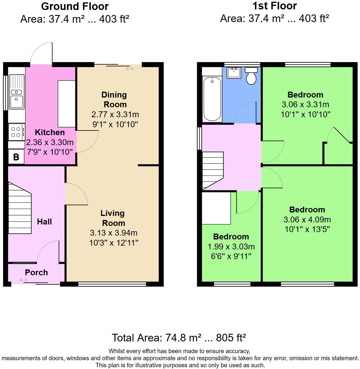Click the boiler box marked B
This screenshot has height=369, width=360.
pyautogui.click(x=16, y=157)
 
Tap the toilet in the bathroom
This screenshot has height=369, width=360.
pyautogui.click(x=251, y=76)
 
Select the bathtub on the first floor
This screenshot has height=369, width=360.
pyautogui.click(x=212, y=99)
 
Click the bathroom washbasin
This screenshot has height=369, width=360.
pyautogui.click(x=234, y=73)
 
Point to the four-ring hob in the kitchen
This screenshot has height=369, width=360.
pyautogui.click(x=16, y=132)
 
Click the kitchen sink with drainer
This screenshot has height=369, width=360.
pyautogui.click(x=16, y=91)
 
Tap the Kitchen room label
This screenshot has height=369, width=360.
pyautogui.click(x=50, y=132)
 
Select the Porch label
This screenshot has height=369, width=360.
pyautogui.click(x=36, y=272)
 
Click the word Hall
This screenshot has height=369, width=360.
pyautogui.click(x=44, y=222)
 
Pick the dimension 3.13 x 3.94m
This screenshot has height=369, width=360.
pyautogui.click(x=114, y=233)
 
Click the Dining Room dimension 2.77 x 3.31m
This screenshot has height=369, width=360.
pyautogui.click(x=115, y=114)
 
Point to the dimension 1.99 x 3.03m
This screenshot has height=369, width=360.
pyautogui.click(x=231, y=246)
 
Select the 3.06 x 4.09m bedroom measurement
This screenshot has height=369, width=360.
pyautogui.click(x=307, y=219)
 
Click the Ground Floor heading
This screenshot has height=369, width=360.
pyautogui.click(x=75, y=6)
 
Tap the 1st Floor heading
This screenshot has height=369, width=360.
pyautogui.click(x=274, y=6)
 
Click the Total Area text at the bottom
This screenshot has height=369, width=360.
pyautogui.click(x=179, y=338)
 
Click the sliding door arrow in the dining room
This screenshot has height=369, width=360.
pyautogui.click(x=130, y=69)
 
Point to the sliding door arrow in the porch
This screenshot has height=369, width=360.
pyautogui.click(x=23, y=280)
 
